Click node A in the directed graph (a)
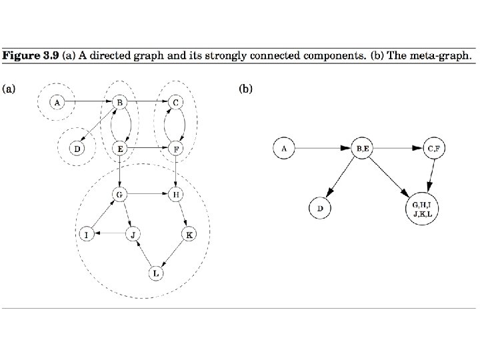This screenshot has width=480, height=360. [58, 103]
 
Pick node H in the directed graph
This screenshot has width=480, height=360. [175, 194]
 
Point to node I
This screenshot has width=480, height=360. [86, 235]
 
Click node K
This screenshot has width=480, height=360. [189, 235]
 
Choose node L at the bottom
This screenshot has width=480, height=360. [155, 273]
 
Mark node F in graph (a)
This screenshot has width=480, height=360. [175, 148]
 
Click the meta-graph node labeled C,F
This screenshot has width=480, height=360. [433, 148]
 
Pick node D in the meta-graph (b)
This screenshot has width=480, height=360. [320, 209]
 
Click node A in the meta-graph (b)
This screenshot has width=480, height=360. [285, 148]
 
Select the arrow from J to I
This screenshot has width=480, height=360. [111, 235]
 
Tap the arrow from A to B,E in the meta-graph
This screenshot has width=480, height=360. [323, 148]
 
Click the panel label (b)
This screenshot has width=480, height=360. [245, 87]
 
